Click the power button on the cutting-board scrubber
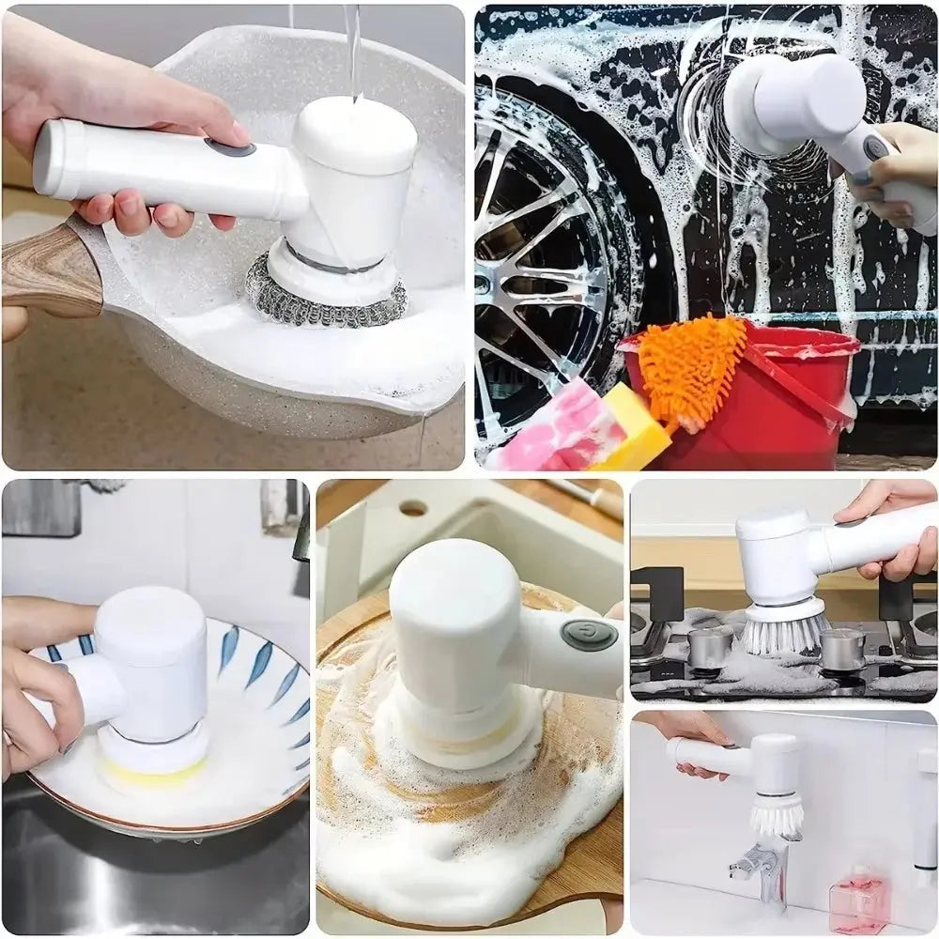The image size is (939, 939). point(589,634)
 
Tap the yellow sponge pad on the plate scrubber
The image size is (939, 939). point(150,772)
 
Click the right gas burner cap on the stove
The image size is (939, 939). point(842,648)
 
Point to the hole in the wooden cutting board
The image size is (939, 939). point(413,508)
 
